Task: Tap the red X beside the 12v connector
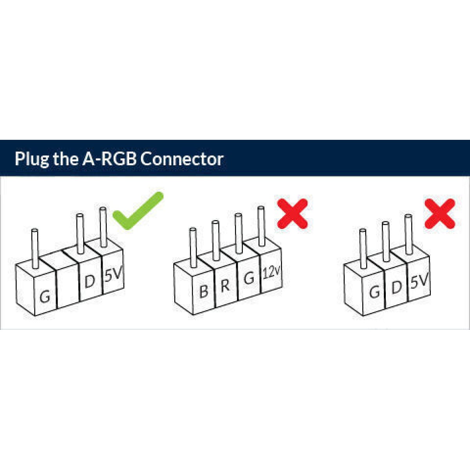[292, 213]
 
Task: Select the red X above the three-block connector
[440, 213]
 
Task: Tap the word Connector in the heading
[182, 159]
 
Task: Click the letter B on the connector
[203, 291]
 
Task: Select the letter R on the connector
[225, 286]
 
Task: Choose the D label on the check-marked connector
[90, 282]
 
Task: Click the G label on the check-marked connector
[45, 296]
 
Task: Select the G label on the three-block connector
[374, 292]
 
